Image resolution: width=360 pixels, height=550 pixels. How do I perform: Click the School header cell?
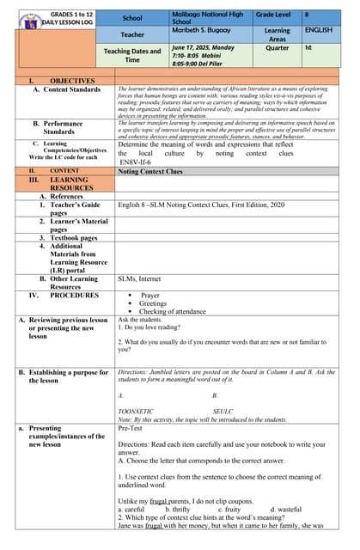132,17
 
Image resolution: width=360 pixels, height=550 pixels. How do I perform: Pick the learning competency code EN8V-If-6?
136,162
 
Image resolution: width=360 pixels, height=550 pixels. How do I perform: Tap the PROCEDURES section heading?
74,295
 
